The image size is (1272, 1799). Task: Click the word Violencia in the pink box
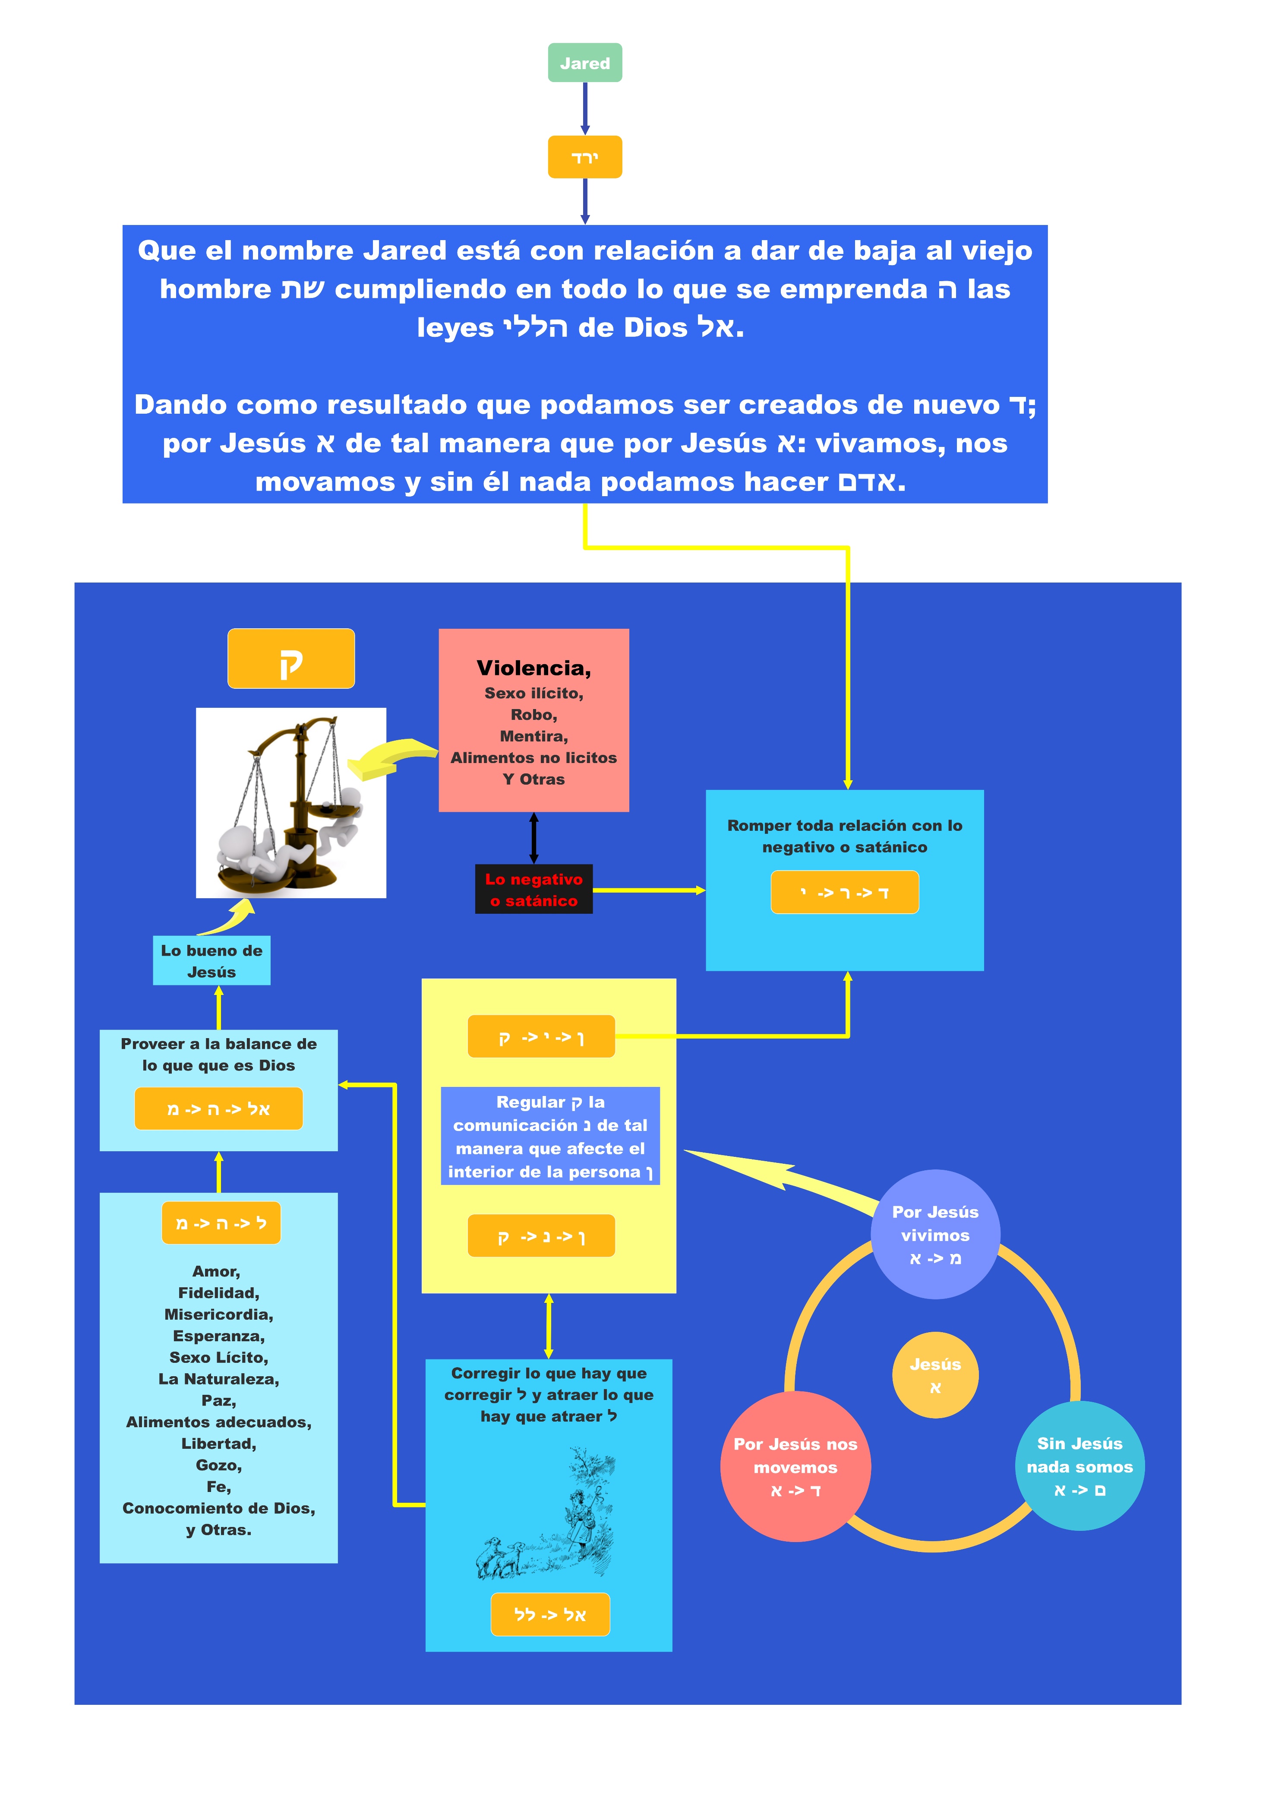coord(533,668)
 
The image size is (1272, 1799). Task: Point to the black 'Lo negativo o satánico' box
coord(533,889)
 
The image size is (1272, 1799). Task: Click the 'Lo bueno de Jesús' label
coord(211,961)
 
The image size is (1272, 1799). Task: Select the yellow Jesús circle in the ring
coord(935,1375)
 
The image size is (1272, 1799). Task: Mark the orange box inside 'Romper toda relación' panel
coord(844,893)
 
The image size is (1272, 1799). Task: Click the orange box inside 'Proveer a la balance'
coord(218,1109)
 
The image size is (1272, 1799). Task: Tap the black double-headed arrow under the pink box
coord(533,838)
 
